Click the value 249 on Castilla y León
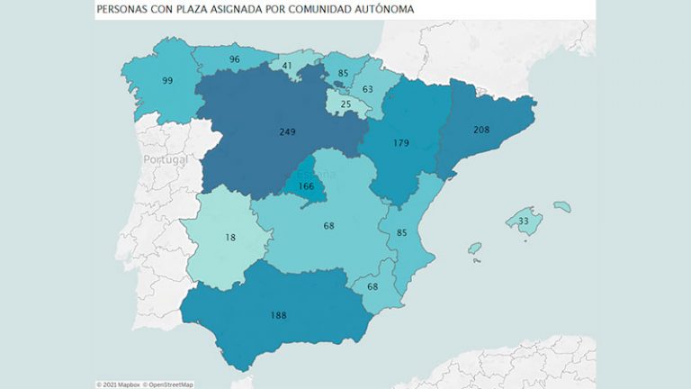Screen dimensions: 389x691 tap(287, 131)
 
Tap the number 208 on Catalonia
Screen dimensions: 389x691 tap(481, 130)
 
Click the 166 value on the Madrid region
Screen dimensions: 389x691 tap(307, 186)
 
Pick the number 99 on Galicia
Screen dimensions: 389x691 tap(166, 81)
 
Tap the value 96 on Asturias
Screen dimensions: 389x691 tap(234, 59)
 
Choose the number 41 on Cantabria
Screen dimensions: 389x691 tap(287, 66)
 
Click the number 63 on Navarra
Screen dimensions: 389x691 tap(368, 89)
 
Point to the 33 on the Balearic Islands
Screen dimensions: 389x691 tap(524, 221)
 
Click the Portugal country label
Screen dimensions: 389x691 tap(166, 159)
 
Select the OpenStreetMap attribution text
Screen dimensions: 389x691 tap(166, 384)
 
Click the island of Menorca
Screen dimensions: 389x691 tap(561, 206)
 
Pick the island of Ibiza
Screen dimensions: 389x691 tap(474, 248)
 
